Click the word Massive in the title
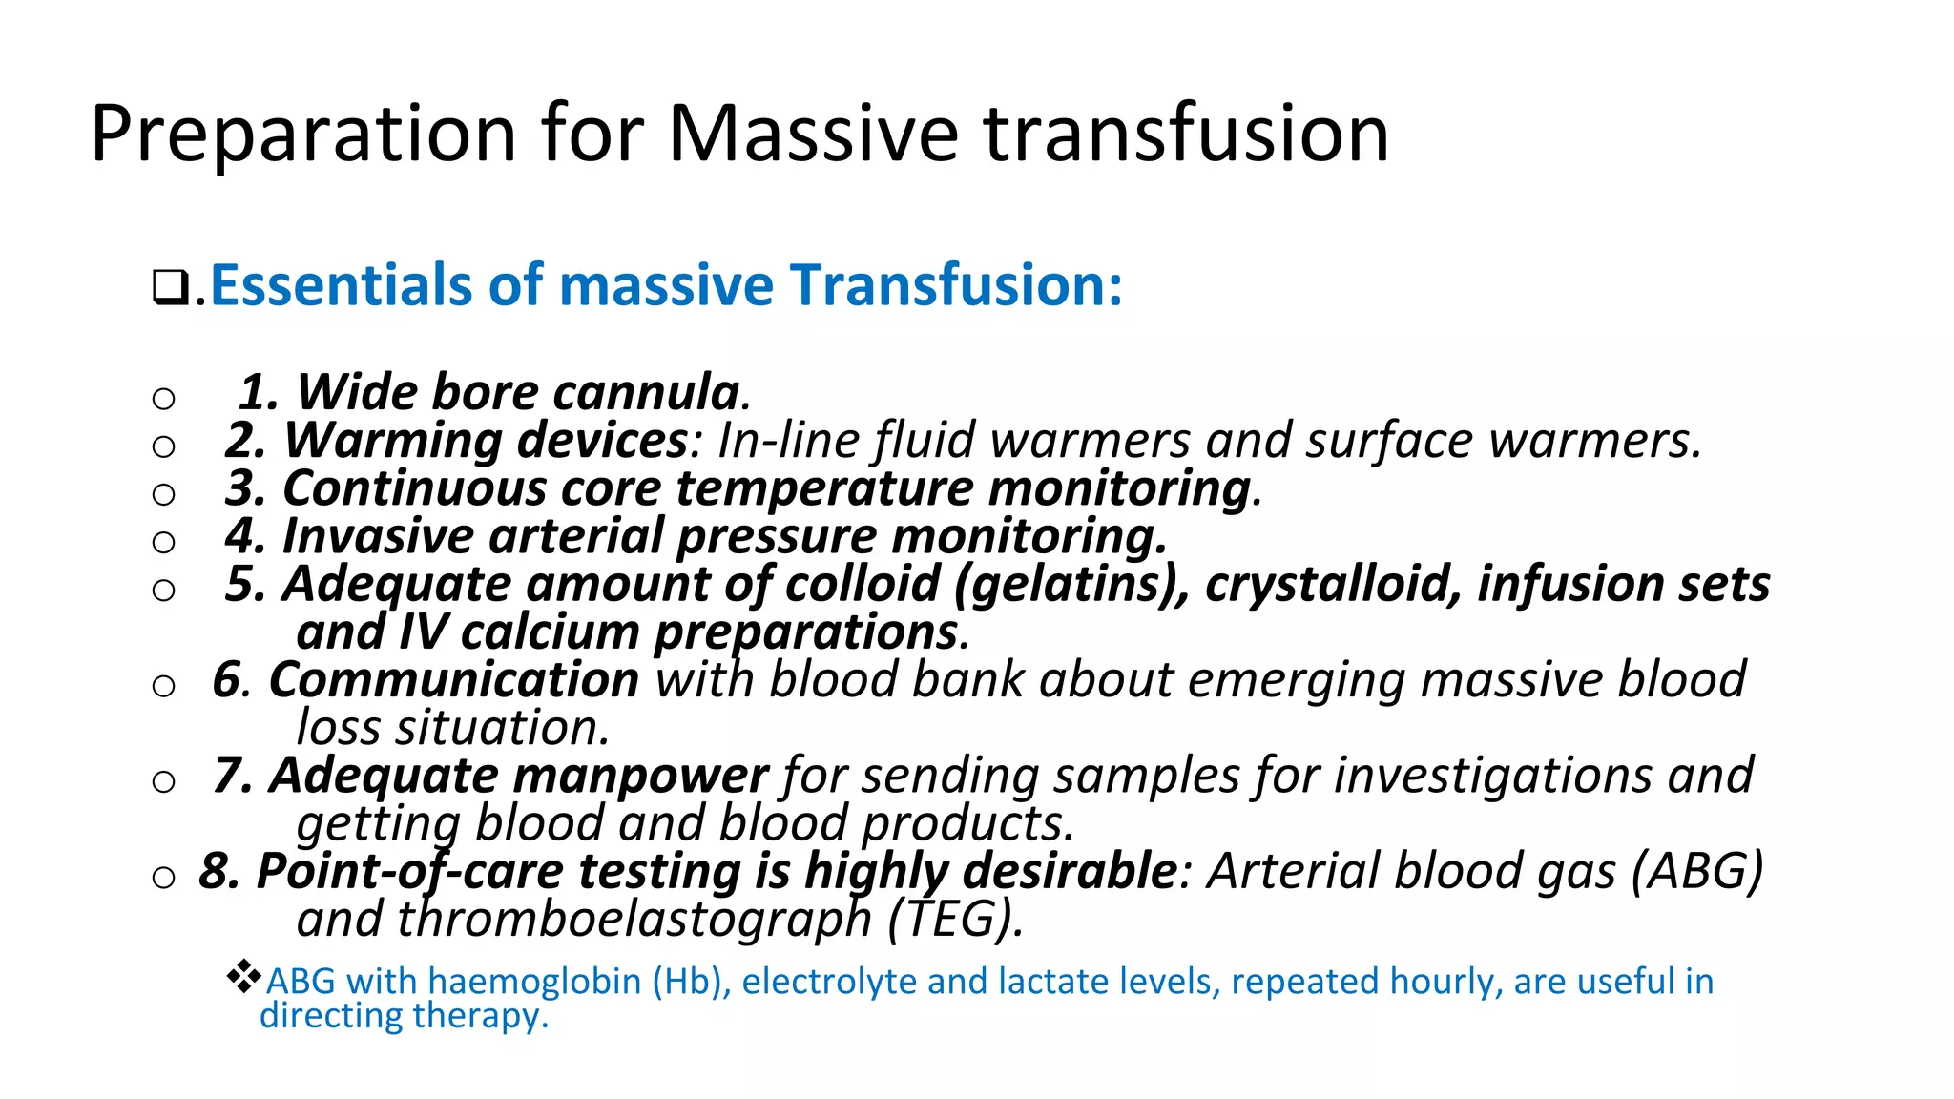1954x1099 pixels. pyautogui.click(x=813, y=134)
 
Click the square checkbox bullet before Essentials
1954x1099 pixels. pyautogui.click(x=170, y=286)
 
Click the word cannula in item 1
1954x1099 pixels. pyautogui.click(x=646, y=392)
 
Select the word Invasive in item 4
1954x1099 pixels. pyautogui.click(x=378, y=536)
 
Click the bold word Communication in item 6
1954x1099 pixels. pyautogui.click(x=454, y=680)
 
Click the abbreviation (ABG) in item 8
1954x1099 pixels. pyautogui.click(x=1697, y=871)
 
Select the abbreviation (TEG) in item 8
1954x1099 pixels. pyautogui.click(x=955, y=920)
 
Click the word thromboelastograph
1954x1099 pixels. pyautogui.click(x=634, y=920)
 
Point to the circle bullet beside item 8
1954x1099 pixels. pyautogui.click(x=163, y=877)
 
